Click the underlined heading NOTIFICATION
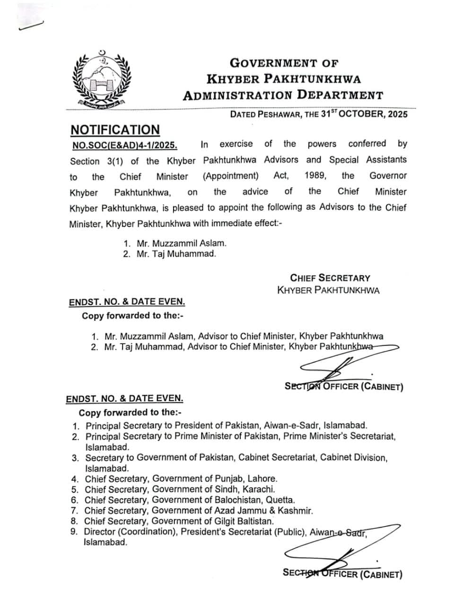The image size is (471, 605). (x=115, y=130)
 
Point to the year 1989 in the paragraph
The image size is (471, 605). (x=315, y=176)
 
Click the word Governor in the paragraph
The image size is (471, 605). (x=388, y=176)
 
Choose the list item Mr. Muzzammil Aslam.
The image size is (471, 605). (x=181, y=243)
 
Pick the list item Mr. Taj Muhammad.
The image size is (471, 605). (x=176, y=254)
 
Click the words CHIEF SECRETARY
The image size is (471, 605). (x=330, y=278)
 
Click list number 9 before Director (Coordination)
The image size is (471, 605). (x=74, y=532)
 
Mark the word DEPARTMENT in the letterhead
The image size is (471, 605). (x=340, y=95)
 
